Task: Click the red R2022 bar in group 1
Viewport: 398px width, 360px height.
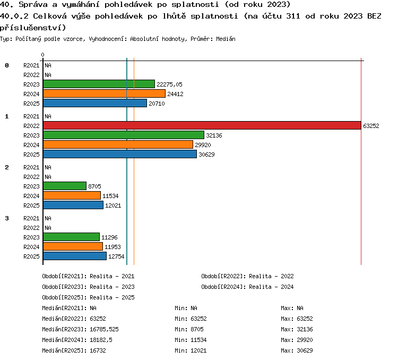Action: (x=202, y=125)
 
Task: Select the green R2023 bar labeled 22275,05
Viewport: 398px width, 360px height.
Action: (x=99, y=84)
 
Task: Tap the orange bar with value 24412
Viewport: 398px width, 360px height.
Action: (x=105, y=93)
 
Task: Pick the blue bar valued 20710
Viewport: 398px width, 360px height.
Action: (x=95, y=103)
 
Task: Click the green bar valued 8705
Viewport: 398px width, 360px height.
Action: (x=65, y=186)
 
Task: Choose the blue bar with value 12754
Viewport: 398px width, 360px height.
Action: (x=75, y=256)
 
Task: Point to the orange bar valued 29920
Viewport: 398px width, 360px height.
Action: (x=118, y=144)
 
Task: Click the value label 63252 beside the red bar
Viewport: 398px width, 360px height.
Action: (x=371, y=126)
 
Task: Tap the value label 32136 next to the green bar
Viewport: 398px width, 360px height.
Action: (x=214, y=135)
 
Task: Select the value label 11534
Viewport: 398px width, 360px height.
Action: (x=110, y=196)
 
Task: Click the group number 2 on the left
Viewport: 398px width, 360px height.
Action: (x=7, y=167)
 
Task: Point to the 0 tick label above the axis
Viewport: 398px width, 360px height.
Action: (x=42, y=55)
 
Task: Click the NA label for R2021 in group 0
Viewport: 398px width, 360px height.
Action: (x=48, y=65)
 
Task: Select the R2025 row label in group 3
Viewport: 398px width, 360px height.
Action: (x=31, y=256)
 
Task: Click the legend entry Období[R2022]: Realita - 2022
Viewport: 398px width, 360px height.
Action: (x=247, y=276)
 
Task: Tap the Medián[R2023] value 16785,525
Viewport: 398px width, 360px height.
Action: (x=105, y=329)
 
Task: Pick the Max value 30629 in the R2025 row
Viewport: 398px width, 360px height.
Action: (x=305, y=350)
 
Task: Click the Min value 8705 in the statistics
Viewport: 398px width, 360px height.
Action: (x=197, y=329)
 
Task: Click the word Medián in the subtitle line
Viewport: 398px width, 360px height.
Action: (x=226, y=39)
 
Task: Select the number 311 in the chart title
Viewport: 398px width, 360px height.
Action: (x=293, y=16)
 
